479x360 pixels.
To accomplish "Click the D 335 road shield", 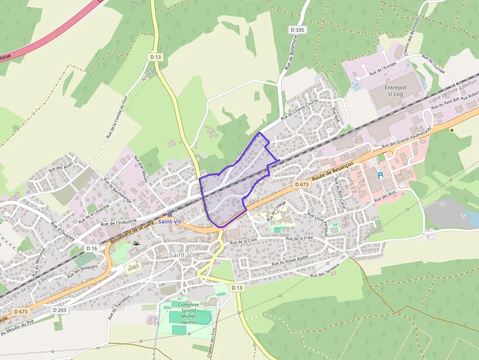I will [x=297, y=30].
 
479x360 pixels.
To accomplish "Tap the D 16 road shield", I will [x=91, y=248].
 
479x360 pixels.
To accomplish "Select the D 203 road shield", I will [x=59, y=310].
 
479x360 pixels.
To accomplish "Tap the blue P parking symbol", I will [x=380, y=174].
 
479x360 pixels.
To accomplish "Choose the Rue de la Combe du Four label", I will [x=117, y=115].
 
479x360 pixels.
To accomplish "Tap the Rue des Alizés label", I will [x=61, y=166].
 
